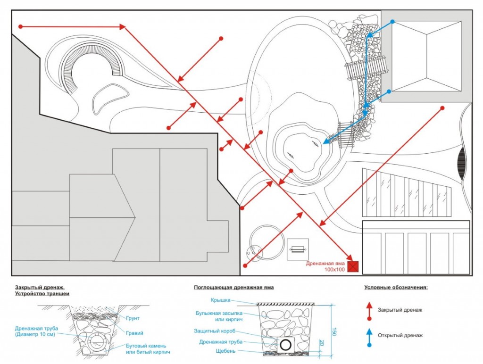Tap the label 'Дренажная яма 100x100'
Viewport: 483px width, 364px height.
326,266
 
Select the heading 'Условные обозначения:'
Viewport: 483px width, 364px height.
396,287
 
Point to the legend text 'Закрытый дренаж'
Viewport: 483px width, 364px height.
400,310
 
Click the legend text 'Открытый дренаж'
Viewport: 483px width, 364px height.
400,335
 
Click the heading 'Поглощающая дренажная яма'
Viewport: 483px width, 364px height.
233,287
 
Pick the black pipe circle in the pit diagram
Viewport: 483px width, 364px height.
285,345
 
